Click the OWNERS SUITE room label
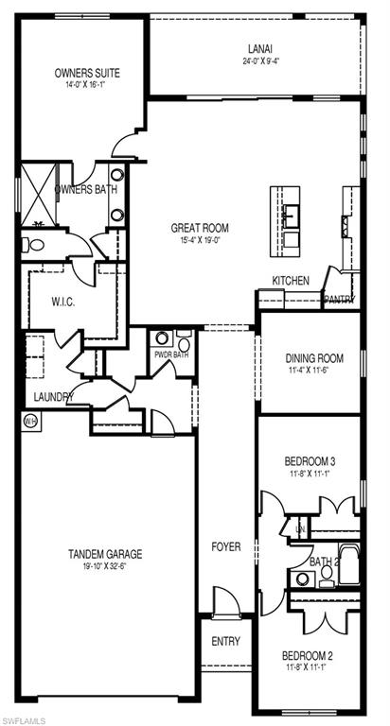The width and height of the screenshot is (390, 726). pyautogui.click(x=87, y=72)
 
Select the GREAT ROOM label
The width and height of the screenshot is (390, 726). pyautogui.click(x=200, y=227)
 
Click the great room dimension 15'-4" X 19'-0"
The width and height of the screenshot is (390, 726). pyautogui.click(x=200, y=240)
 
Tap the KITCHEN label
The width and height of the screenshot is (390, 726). pyautogui.click(x=291, y=281)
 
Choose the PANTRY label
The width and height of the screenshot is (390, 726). pyautogui.click(x=339, y=300)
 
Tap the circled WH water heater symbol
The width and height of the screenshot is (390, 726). pyautogui.click(x=29, y=421)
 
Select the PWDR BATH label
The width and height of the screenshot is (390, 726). pyautogui.click(x=171, y=355)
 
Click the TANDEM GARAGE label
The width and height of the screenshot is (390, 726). pyautogui.click(x=105, y=554)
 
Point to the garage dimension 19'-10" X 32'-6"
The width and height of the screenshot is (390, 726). pyautogui.click(x=105, y=567)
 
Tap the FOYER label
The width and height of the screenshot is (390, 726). pyautogui.click(x=226, y=546)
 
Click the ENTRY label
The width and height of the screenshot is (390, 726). pyautogui.click(x=226, y=641)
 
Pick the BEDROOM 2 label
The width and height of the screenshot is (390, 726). pyautogui.click(x=308, y=655)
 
